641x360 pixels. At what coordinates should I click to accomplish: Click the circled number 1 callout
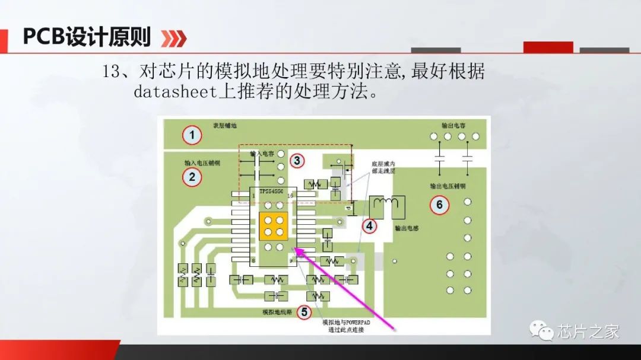[191, 136]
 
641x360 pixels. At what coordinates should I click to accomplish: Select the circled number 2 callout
[191, 176]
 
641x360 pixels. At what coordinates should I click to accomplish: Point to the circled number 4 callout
[370, 225]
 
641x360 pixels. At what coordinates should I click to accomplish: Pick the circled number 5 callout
[304, 311]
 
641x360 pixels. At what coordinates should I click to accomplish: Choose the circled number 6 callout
[439, 205]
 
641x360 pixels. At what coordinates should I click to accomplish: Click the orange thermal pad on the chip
[273, 225]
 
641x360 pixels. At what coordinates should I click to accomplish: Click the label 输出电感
[407, 227]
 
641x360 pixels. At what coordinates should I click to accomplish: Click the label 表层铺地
[225, 126]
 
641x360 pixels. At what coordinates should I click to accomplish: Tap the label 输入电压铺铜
[202, 162]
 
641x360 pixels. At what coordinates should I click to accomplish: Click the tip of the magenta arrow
[296, 250]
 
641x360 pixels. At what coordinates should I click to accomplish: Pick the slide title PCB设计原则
[87, 37]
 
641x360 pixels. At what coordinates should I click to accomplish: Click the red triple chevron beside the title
[174, 39]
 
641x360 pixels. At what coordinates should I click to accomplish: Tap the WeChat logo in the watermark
[542, 330]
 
